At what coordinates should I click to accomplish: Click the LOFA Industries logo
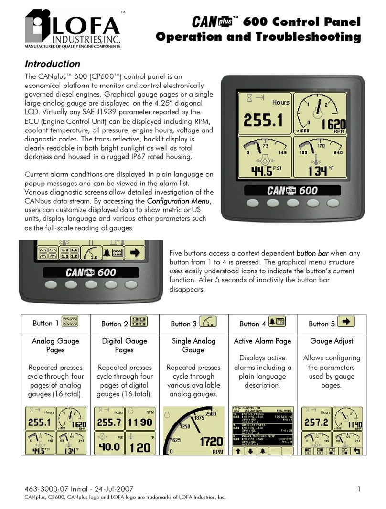click(x=72, y=30)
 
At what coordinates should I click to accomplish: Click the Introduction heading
click(x=52, y=64)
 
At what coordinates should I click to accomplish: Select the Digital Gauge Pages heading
click(x=124, y=346)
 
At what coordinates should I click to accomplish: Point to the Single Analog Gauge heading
click(x=193, y=346)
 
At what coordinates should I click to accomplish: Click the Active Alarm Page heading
click(x=263, y=341)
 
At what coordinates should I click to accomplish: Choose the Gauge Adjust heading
click(x=331, y=341)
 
